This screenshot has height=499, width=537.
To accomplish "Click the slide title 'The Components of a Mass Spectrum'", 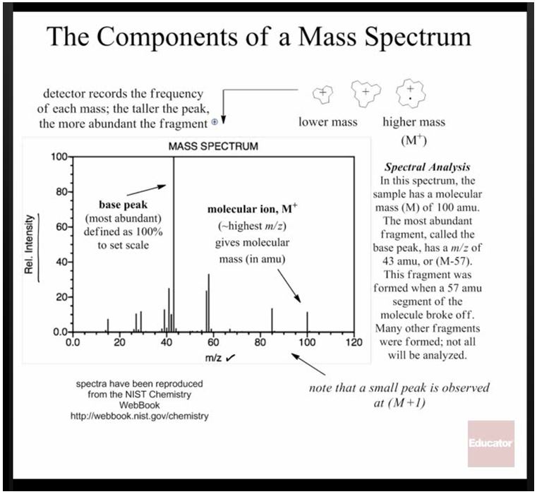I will tap(259, 37).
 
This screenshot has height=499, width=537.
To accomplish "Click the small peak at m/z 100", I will tap(307, 322).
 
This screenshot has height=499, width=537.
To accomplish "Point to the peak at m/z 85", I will tap(272, 320).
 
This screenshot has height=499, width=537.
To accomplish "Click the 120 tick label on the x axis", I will tap(353, 343).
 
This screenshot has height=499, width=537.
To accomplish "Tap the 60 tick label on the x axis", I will tap(212, 343).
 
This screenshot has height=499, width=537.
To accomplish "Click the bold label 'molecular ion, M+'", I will tap(248, 210).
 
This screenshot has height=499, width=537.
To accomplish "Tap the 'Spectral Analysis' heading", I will tap(427, 168).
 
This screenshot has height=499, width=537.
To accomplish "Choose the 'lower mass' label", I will tap(327, 122).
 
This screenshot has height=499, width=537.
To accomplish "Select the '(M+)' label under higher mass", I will tap(414, 139).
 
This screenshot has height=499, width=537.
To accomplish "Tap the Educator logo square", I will tap(490, 443).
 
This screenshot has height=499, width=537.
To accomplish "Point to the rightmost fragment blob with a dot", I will tap(409, 93).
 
